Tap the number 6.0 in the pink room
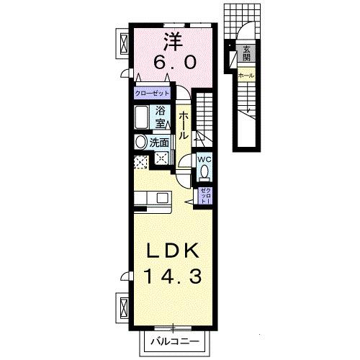coord(173,63)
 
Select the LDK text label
coord(173,252)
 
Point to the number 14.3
coord(173,276)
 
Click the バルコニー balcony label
coord(173,341)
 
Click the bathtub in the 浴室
coord(142,117)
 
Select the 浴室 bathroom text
coord(161,117)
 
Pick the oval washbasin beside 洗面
coord(140,142)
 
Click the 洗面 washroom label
coord(159,143)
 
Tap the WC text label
coord(203,159)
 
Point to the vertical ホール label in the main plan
coord(184,125)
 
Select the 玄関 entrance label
coord(246,53)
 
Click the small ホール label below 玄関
coord(245,74)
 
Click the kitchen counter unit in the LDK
coord(152,197)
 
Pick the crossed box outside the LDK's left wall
coord(121,306)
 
